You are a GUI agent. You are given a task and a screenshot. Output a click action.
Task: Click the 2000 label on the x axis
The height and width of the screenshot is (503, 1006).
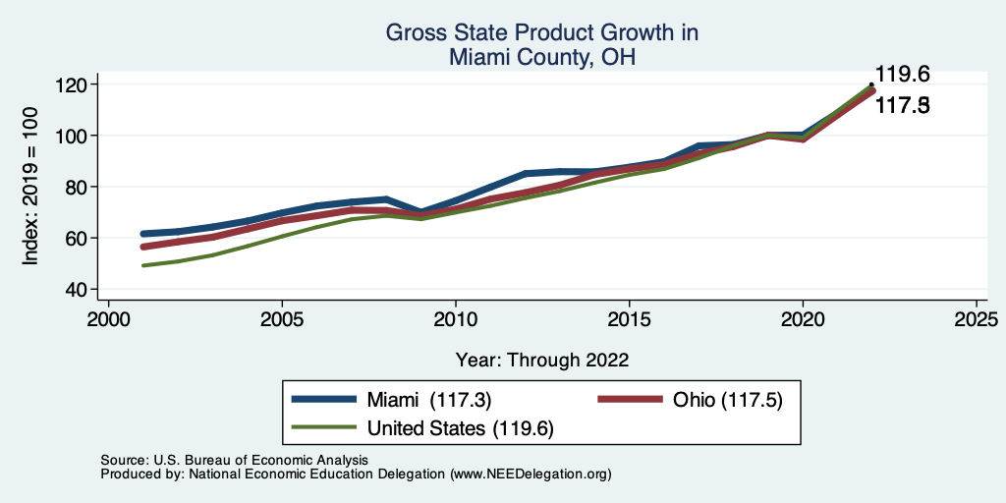[108, 320]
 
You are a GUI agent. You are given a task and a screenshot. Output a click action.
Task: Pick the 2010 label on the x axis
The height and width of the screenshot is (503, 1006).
[455, 320]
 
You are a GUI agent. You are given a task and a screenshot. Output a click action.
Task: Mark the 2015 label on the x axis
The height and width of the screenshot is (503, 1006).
[629, 320]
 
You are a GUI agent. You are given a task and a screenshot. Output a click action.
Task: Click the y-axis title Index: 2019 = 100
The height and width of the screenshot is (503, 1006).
[31, 186]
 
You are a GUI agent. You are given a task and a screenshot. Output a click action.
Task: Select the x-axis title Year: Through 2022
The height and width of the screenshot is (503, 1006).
[542, 360]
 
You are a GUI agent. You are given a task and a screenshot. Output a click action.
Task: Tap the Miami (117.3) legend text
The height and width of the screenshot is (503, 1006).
[429, 400]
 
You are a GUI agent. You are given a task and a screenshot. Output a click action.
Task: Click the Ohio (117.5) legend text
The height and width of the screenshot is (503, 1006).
[727, 400]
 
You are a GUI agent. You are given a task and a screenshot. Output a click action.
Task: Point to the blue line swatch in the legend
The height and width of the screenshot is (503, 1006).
[324, 400]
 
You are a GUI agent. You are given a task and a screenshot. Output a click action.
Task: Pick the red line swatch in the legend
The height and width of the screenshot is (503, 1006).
[631, 400]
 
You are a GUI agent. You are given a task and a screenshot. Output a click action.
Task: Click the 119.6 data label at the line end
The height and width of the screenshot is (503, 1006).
[902, 75]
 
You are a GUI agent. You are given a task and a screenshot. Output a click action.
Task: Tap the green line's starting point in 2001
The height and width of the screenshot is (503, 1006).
[143, 265]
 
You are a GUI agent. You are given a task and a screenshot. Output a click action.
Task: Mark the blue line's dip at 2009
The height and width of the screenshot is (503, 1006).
[420, 212]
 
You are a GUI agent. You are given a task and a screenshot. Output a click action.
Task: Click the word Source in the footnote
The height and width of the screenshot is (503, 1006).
[123, 460]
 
